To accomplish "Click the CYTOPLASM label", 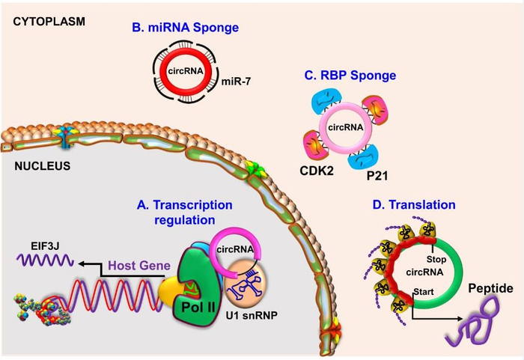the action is [49, 22].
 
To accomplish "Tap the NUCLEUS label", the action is [43, 166].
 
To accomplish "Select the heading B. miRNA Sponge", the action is [186, 28].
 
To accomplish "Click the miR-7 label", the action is [236, 82].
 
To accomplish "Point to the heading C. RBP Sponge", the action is [350, 76].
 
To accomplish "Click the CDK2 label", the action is [317, 171].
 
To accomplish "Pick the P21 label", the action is [377, 175].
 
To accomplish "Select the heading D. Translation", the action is [414, 204].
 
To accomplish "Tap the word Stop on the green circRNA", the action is [436, 260].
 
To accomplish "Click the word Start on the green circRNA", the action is [424, 292].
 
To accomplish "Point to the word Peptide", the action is [490, 288].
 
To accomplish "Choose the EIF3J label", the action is [45, 246].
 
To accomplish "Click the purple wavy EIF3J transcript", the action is [45, 260].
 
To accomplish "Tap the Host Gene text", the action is [140, 266].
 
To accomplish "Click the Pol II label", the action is [198, 307].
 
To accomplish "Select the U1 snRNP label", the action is [252, 314].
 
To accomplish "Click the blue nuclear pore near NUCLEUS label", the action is [66, 138].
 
